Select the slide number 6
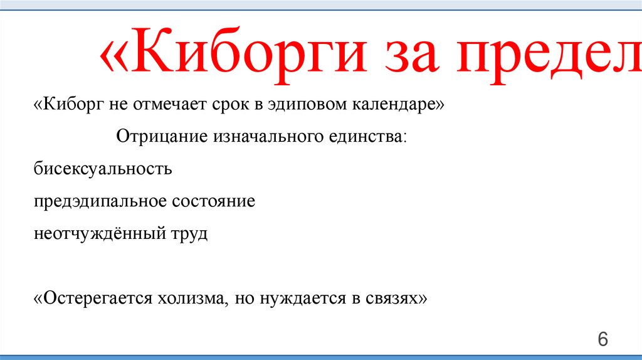(603, 339)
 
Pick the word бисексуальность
(103, 169)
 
